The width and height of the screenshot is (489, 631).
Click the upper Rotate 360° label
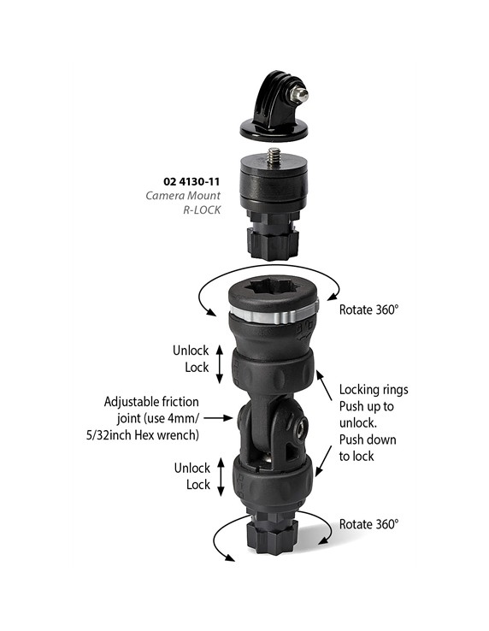pyautogui.click(x=368, y=310)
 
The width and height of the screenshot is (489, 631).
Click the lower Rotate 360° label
pyautogui.click(x=368, y=523)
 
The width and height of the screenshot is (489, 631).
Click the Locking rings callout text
pyautogui.click(x=373, y=389)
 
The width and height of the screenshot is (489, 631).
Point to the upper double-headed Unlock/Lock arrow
pyautogui.click(x=220, y=365)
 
